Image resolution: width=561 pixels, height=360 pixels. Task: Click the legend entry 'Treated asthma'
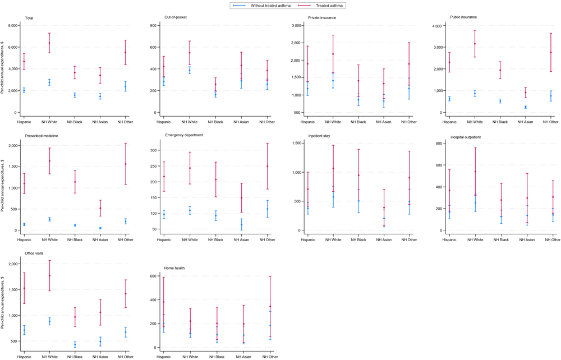[329, 6]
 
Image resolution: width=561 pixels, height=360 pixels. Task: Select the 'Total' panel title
[29, 17]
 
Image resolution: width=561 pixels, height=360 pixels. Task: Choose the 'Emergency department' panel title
[184, 135]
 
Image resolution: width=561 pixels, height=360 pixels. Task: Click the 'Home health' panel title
[174, 268]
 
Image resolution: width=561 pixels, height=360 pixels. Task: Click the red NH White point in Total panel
[49, 43]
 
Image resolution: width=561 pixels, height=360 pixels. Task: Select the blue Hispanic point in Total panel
[24, 90]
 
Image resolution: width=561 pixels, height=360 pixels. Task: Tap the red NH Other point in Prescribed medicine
[126, 164]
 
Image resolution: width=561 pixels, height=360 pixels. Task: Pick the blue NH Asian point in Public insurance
[526, 107]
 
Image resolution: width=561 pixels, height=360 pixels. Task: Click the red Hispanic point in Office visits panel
[24, 288]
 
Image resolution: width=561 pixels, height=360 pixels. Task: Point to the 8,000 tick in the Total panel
[12, 26]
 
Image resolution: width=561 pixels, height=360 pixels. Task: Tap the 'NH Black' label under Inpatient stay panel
[358, 239]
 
